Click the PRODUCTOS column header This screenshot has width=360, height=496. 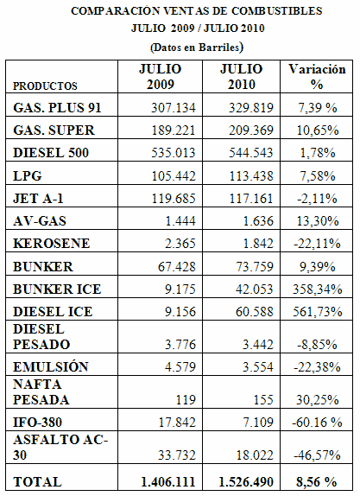[45, 86]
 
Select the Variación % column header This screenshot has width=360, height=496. [317, 77]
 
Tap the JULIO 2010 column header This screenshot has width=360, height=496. [242, 77]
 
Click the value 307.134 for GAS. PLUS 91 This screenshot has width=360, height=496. [174, 108]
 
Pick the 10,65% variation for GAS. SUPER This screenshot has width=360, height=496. [318, 130]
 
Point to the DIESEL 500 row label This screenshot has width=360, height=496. [51, 153]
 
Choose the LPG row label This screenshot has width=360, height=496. [27, 175]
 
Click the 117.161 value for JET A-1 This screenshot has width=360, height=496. [251, 199]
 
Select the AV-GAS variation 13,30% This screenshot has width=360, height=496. [318, 221]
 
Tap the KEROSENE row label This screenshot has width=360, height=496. [52, 244]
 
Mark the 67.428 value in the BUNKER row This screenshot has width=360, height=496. [177, 266]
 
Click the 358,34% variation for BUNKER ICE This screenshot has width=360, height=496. [318, 289]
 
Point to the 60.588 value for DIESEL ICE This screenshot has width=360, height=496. [255, 312]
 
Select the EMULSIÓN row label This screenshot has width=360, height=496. [51, 366]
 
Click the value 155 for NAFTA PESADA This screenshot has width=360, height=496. [263, 399]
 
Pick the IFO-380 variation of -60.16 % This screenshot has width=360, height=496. [318, 423]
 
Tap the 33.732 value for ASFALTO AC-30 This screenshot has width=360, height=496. [177, 455]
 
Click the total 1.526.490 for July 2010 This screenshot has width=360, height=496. [246, 482]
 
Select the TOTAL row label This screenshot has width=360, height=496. [37, 482]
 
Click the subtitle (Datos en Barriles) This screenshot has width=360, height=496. [197, 48]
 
